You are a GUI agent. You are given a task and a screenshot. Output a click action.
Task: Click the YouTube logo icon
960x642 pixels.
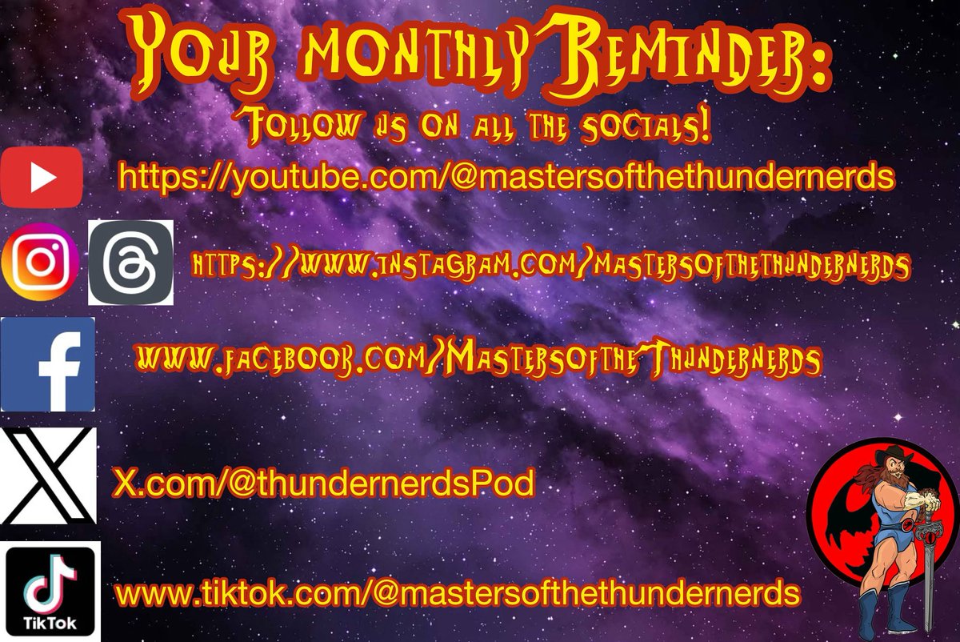coord(42,178)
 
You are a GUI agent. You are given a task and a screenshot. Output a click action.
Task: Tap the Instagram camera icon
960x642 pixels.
coord(41,261)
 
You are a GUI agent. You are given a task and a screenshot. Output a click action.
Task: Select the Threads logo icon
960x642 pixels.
coord(130,263)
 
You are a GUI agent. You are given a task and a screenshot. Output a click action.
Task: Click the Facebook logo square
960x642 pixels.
coord(47,364)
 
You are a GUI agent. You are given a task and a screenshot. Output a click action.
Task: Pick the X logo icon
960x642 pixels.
coord(47,476)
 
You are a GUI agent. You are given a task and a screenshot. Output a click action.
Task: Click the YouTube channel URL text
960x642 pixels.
coord(506,175)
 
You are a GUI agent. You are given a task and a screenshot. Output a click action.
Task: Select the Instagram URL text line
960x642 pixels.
coord(550,267)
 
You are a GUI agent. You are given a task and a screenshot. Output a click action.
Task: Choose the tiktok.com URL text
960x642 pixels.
coord(458,594)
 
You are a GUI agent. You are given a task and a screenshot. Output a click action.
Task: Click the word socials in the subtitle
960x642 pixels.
coord(648,129)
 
